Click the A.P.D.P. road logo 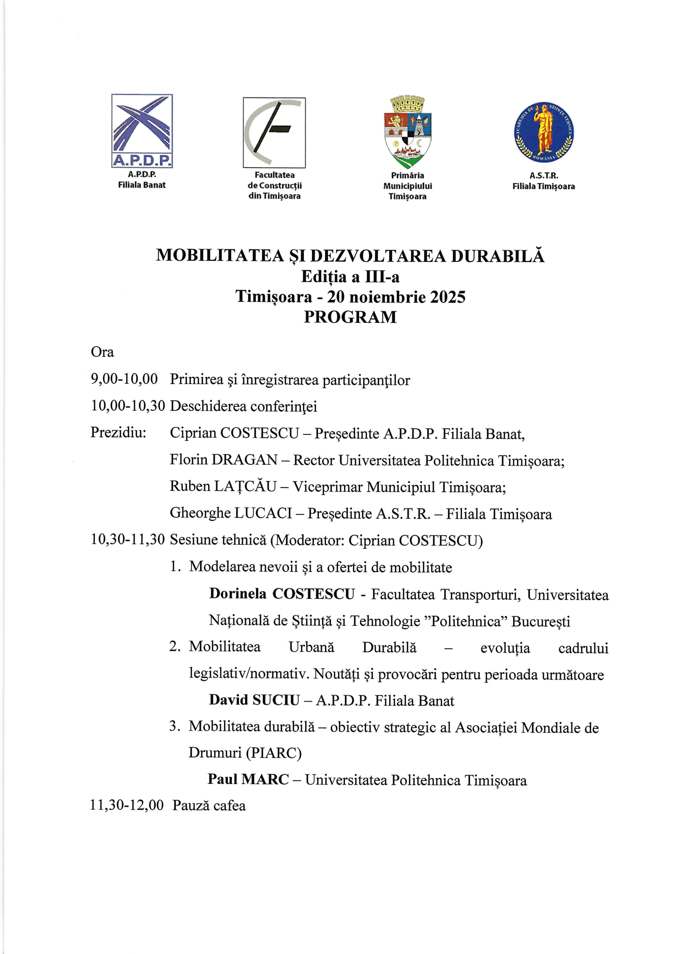142,130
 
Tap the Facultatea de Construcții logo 274,133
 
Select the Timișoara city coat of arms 407,132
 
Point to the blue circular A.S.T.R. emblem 544,132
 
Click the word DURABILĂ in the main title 497,256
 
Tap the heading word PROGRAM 350,317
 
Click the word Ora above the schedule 102,352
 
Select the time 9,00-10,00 124,379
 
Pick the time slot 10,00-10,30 128,405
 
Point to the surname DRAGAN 244,459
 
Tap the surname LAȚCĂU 245,486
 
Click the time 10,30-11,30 128,540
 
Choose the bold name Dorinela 238,594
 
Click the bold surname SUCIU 276,700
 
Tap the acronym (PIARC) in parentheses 274,753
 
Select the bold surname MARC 265,780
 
